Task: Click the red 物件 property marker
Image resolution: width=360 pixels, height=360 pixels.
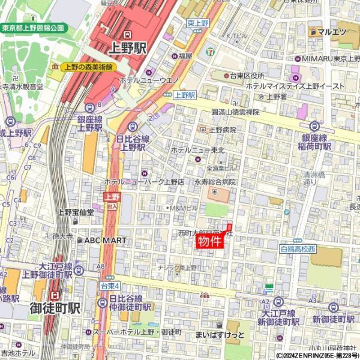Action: click(x=210, y=241)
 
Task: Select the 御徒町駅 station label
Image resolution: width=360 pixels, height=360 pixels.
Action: click(x=55, y=308)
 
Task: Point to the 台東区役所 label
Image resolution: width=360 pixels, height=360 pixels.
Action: click(x=244, y=76)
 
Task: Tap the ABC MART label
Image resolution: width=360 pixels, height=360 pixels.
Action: click(x=105, y=240)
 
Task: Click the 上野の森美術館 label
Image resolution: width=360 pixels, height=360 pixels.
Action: click(x=89, y=67)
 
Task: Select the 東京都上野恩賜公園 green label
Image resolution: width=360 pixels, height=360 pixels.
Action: click(x=33, y=28)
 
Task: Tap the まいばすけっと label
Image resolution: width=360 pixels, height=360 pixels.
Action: click(x=220, y=334)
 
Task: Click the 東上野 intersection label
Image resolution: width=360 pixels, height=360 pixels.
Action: click(x=197, y=23)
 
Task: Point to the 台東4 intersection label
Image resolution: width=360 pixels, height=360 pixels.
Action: click(x=110, y=286)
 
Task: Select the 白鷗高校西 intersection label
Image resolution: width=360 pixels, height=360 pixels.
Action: click(x=298, y=248)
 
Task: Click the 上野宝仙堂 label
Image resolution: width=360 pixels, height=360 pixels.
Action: click(x=76, y=212)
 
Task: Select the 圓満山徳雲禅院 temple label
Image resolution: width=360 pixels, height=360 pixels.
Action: click(x=235, y=112)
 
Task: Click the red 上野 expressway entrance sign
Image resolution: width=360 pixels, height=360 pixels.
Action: click(x=112, y=196)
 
